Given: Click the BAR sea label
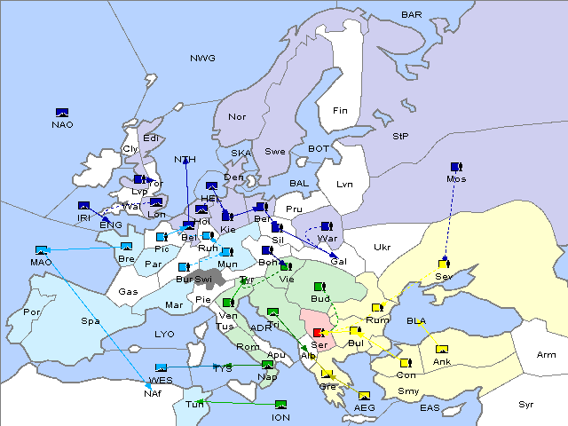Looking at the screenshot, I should (412, 15).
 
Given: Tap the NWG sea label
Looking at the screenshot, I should (202, 59).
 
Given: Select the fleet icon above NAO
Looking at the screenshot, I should (62, 112).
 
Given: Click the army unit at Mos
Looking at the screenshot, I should (456, 167).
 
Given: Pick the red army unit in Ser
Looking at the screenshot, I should (319, 332).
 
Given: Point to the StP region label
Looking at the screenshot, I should (400, 137).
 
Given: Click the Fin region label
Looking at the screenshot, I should (340, 111).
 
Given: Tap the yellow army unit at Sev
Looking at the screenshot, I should (443, 264).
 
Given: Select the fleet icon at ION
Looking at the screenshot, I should (281, 405).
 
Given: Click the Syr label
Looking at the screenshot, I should (526, 405).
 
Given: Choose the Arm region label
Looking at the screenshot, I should (547, 355).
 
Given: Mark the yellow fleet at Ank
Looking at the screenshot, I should (441, 349).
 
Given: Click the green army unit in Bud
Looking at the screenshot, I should (319, 287).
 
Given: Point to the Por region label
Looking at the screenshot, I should (33, 312).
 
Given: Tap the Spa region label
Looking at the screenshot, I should (91, 320).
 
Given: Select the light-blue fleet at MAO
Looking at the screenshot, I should (41, 250).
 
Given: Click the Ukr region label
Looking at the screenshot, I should (382, 247).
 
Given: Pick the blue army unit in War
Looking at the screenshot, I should (327, 226).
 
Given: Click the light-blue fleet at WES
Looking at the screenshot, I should (161, 367).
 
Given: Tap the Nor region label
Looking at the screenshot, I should (237, 117).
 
